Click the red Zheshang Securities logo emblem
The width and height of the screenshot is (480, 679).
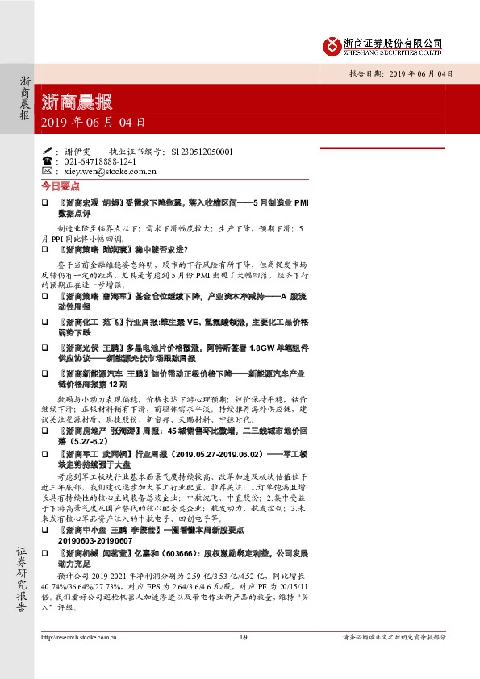click(330, 44)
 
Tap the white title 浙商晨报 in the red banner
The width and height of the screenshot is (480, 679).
click(77, 102)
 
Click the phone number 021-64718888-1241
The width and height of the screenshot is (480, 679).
click(100, 161)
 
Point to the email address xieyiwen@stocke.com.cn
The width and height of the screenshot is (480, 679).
click(108, 171)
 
